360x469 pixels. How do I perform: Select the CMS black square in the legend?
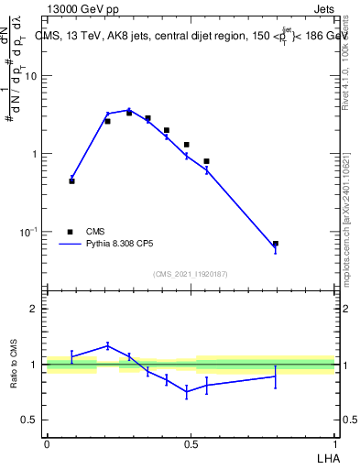pos(71,232)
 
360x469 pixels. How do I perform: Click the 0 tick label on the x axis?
pos(47,442)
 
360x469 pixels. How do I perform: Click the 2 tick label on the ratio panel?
pos(33,309)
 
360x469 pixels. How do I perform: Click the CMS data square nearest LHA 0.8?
pos(276,244)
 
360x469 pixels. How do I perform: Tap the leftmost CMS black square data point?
pos(71,181)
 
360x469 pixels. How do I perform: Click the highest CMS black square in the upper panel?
pos(129,113)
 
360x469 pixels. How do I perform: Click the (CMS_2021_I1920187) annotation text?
pos(191,273)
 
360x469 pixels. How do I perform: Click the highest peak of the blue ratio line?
pos(107,345)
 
